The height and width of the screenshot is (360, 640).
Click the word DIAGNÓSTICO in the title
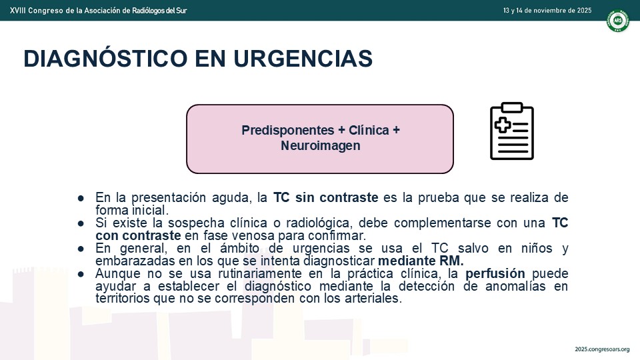(x=105, y=59)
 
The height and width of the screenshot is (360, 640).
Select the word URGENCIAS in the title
(x=303, y=59)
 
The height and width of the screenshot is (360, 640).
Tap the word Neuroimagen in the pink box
(x=321, y=146)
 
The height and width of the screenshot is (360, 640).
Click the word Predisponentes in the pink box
(x=288, y=130)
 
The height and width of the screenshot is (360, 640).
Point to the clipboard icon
(x=512, y=131)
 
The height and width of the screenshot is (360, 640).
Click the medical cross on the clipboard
(x=503, y=125)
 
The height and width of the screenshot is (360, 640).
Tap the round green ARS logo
(x=617, y=21)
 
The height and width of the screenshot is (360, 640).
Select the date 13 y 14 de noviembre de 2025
(x=547, y=10)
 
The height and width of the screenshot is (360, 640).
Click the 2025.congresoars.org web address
(x=602, y=349)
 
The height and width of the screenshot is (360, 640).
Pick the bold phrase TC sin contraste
(x=326, y=197)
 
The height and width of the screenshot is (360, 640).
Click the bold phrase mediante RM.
(x=421, y=261)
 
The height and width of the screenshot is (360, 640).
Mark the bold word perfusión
(x=495, y=273)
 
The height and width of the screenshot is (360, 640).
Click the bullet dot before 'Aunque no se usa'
(x=81, y=273)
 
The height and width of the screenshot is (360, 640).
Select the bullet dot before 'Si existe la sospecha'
(x=81, y=223)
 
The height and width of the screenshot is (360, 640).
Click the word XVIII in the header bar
(x=17, y=10)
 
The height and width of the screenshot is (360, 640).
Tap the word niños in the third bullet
(x=537, y=248)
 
